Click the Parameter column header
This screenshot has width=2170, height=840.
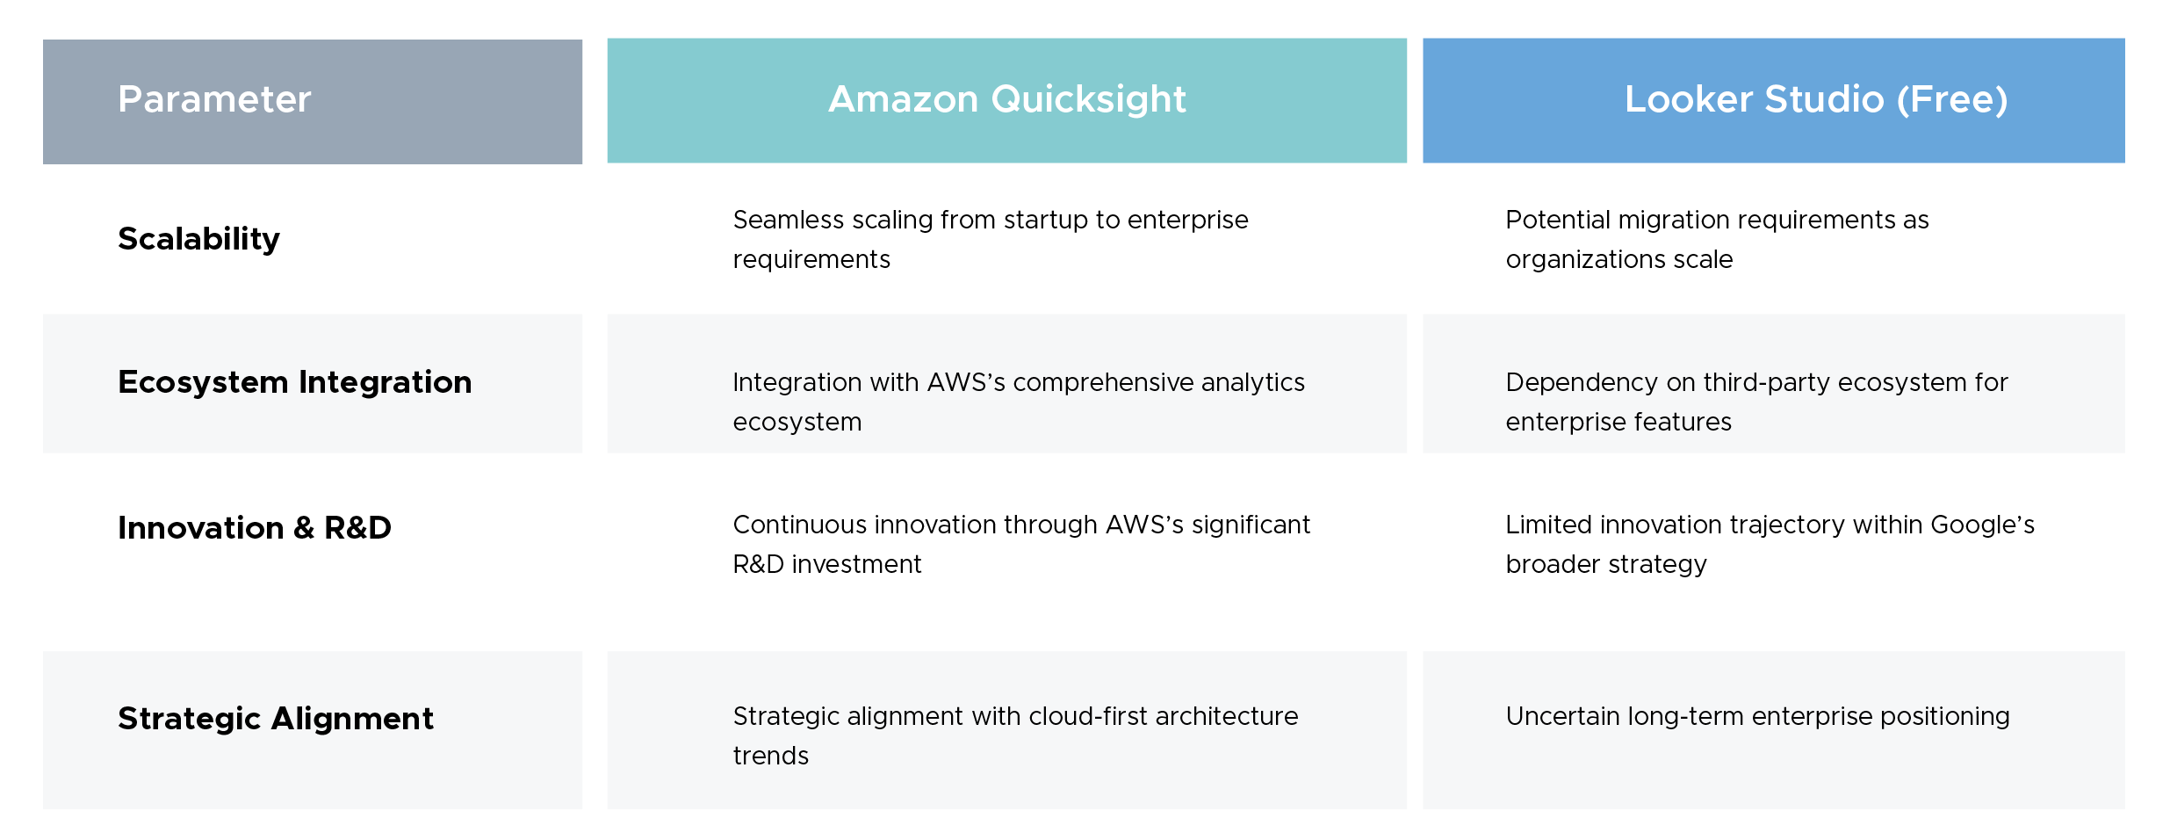point(214,99)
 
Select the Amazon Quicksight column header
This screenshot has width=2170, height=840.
point(1006,99)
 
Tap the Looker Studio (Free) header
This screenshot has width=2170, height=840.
point(1815,99)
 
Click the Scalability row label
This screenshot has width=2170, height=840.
point(198,239)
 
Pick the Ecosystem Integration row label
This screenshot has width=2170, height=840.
point(294,382)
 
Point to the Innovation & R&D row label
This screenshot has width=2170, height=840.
point(255,528)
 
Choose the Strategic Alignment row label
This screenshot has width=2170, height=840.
point(276,719)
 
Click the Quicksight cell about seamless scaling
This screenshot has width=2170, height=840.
point(990,239)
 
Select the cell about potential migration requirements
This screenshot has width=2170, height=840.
point(1716,239)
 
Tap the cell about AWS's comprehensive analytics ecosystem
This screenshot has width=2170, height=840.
point(1018,402)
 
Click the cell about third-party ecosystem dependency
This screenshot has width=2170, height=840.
point(1756,402)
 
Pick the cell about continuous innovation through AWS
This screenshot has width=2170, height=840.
point(1020,544)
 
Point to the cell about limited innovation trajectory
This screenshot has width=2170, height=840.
point(1769,544)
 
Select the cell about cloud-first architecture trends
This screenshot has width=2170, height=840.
point(1014,735)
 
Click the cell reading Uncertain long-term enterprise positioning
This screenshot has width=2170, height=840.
point(1757,717)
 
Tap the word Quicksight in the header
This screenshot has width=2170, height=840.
point(1088,100)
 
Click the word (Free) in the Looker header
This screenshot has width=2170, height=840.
point(1951,100)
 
